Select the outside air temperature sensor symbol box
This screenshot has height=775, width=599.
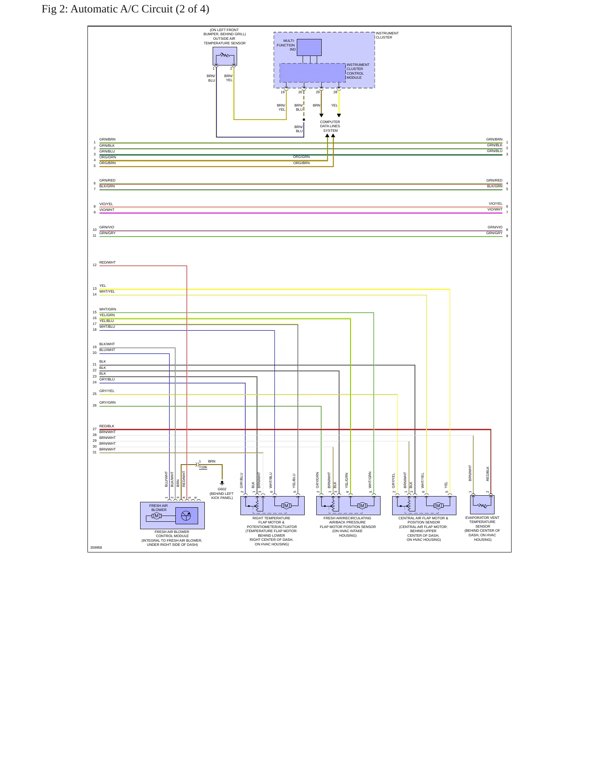[225, 56]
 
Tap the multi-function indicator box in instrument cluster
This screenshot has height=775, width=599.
[309, 47]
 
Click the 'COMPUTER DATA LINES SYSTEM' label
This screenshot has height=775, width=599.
[330, 126]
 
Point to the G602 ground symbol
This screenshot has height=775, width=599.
[222, 483]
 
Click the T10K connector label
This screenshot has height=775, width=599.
[203, 467]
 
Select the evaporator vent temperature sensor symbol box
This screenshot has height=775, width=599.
[482, 505]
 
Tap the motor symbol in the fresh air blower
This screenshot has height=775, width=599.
[157, 516]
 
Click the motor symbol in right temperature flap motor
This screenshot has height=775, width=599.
[286, 506]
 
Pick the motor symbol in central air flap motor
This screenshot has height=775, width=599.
[438, 506]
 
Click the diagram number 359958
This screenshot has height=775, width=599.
[96, 547]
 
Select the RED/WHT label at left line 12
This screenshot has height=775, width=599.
[107, 262]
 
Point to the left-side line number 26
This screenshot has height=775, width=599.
[95, 405]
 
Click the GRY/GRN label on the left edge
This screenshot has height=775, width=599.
[107, 402]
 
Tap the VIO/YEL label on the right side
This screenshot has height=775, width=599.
[495, 203]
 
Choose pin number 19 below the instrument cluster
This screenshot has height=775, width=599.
[283, 92]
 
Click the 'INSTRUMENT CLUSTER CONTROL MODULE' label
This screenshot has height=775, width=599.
[358, 71]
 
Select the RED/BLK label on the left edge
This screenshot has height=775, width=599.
[107, 426]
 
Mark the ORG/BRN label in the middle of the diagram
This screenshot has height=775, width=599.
[301, 163]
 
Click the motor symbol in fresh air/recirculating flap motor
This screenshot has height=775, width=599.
[362, 506]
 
